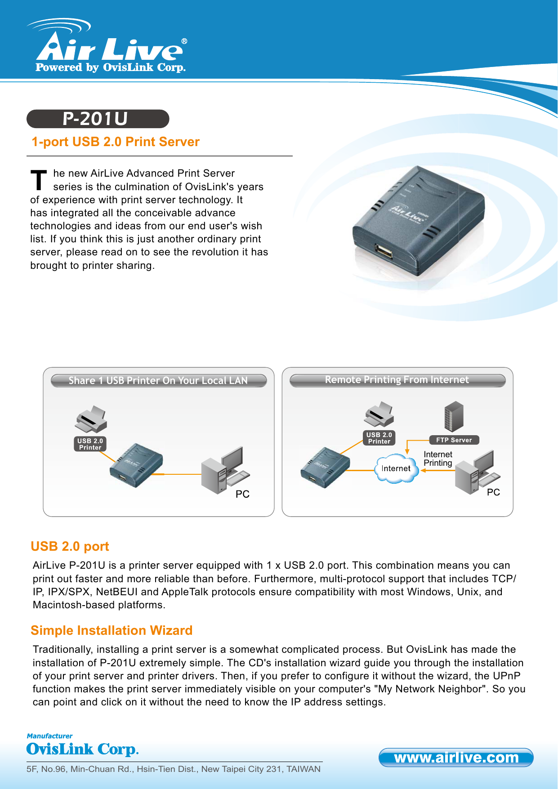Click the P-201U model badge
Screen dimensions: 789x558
point(98,119)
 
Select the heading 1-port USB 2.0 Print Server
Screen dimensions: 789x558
point(116,142)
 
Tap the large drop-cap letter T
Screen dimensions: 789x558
point(39,180)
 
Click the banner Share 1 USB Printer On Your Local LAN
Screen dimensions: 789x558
point(158,380)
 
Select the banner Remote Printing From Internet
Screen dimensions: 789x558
point(397,380)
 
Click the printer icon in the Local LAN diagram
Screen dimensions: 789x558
point(91,419)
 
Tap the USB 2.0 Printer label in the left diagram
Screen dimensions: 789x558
point(90,444)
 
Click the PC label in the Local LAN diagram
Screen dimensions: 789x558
point(242,494)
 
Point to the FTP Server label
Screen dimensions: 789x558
point(454,440)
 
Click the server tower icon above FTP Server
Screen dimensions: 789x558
point(453,416)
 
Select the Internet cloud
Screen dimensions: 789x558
point(396,469)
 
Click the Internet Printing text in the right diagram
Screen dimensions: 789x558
point(438,459)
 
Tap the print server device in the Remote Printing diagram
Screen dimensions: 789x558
point(325,467)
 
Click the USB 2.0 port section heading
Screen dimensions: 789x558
point(70,546)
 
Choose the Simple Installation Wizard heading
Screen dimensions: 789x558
point(112,630)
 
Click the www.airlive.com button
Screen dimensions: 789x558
point(456,758)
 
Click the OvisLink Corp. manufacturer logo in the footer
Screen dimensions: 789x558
point(82,749)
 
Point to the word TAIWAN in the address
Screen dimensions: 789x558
point(304,769)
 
